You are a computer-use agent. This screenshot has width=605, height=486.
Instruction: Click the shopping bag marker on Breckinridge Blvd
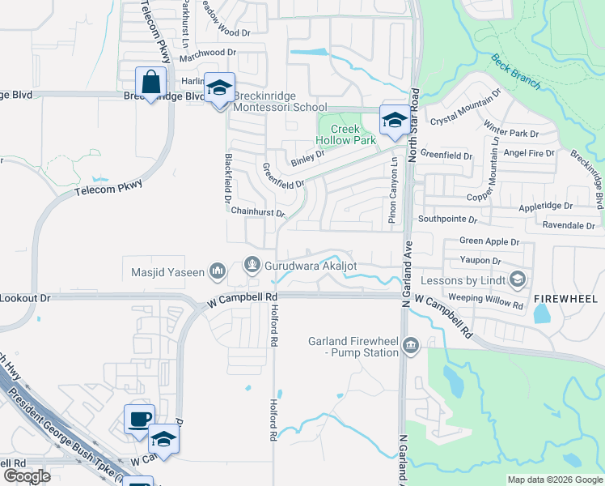[151, 83]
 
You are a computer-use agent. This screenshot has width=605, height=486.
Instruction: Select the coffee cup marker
[139, 420]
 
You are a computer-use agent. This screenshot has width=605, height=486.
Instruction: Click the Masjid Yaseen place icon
[217, 271]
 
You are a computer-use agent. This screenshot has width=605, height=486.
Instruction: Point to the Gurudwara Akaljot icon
[252, 265]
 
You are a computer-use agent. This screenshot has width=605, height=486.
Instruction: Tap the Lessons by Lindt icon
[518, 280]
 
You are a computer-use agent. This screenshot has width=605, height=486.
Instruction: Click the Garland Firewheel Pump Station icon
[411, 347]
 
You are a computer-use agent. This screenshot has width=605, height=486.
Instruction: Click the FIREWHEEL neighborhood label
[565, 299]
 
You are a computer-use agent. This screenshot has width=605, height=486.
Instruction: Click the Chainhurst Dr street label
[258, 212]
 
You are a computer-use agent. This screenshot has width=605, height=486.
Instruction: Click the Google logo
[26, 476]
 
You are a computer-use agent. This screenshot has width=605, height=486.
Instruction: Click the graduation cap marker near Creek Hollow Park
[394, 122]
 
